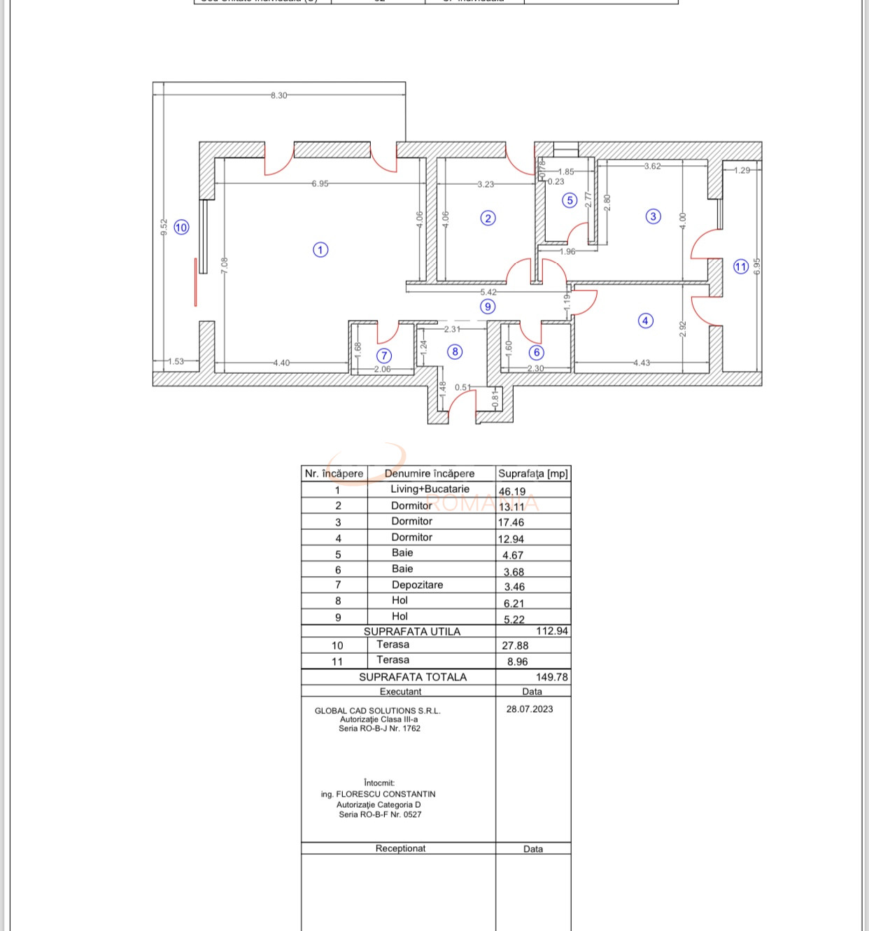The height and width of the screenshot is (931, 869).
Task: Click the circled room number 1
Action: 320,250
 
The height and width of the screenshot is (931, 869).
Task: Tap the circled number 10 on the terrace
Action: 181,227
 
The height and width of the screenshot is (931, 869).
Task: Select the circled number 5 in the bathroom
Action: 570,201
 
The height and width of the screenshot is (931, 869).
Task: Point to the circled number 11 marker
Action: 741,266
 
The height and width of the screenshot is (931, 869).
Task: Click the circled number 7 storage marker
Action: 384,356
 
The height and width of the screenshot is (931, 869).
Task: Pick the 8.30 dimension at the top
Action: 278,95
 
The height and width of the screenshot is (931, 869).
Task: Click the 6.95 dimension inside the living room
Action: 320,183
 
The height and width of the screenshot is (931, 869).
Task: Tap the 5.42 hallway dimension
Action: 488,292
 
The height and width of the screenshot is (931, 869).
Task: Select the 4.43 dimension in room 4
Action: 642,363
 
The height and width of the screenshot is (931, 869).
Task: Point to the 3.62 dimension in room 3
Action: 652,166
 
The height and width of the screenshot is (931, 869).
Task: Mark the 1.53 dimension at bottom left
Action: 176,361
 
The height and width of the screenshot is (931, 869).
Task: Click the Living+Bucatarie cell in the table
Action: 430,489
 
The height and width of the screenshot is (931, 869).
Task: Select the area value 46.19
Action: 512,491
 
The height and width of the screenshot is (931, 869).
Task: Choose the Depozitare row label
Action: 417,584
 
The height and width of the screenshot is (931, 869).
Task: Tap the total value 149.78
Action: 551,677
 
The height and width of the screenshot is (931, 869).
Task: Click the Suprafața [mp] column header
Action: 532,473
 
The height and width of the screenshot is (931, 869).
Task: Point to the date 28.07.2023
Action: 530,709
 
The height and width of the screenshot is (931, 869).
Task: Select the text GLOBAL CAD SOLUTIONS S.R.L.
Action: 378,710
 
